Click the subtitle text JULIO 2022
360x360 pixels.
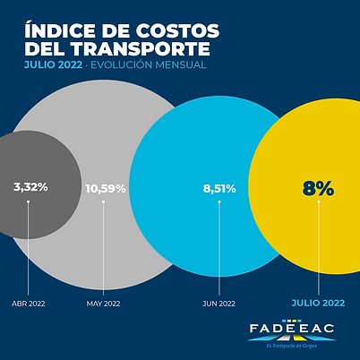54,65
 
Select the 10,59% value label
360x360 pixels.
105,188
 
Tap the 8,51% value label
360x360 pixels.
219,188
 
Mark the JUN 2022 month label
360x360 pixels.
219,304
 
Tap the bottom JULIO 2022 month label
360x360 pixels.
320,303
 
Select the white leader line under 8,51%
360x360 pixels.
219,246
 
